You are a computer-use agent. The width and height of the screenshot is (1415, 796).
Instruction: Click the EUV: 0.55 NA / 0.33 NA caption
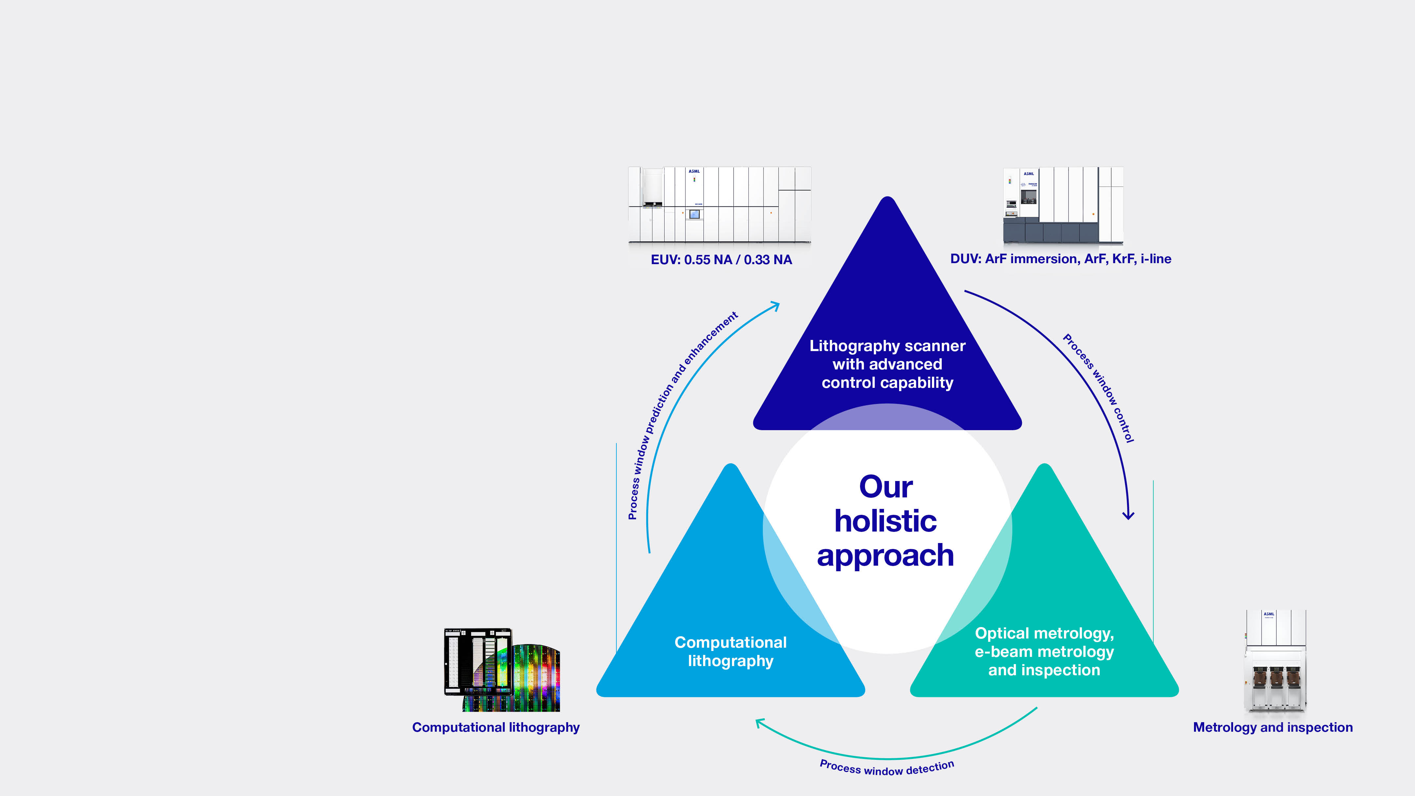point(721,260)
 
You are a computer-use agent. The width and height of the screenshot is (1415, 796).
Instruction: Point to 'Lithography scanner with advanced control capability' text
point(887,364)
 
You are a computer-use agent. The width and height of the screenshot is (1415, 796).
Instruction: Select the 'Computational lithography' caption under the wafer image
point(496,727)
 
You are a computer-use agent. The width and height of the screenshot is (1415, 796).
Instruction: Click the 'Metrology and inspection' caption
point(1273,727)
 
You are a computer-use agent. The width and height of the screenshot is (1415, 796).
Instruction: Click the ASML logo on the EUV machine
point(694,171)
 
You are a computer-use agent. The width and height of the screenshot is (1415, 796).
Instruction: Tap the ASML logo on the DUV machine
point(1029,174)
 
